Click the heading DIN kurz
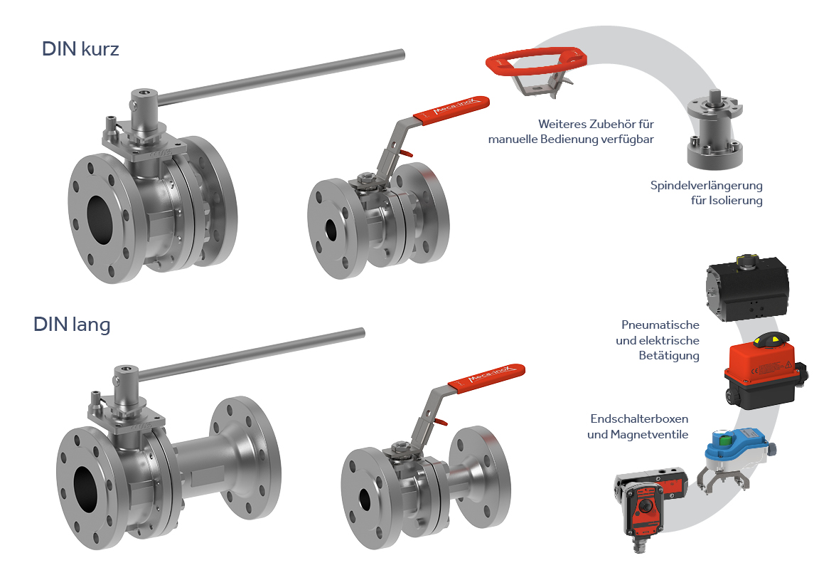tap(80, 49)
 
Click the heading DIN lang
tap(72, 325)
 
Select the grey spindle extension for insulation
tap(714, 129)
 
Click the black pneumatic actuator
tap(747, 288)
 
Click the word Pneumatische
tap(660, 325)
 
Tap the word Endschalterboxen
tap(639, 418)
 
